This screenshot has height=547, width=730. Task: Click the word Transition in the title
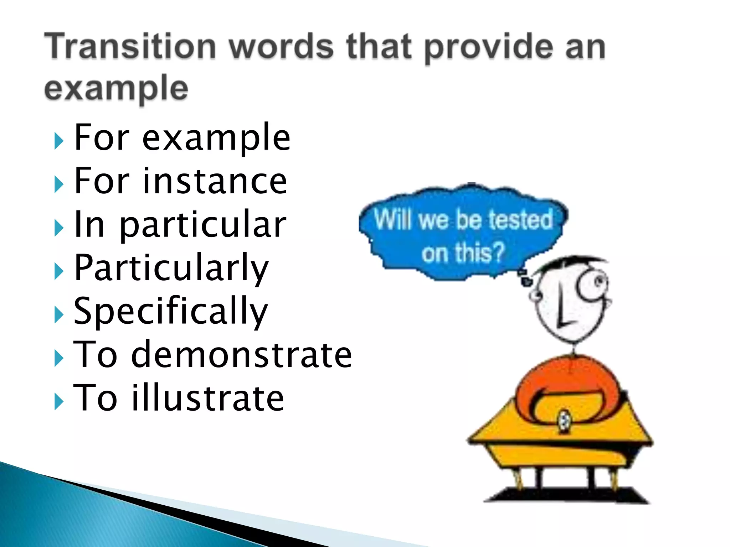[130, 47]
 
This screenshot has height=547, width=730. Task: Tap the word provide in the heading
[488, 48]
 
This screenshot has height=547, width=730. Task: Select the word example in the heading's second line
[116, 88]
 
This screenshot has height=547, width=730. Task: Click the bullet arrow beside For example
[58, 141]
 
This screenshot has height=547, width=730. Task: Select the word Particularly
[171, 268]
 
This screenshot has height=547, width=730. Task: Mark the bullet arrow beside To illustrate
[58, 402]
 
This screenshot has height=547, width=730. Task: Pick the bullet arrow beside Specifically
[58, 315]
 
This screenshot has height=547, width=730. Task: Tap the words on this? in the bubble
[463, 252]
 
